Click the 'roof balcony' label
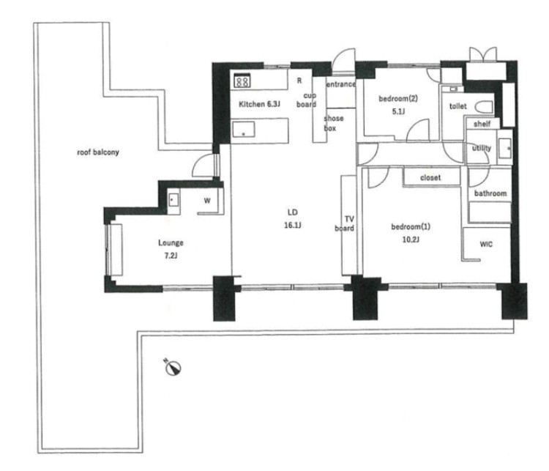coord(98,152)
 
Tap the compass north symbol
coord(173,368)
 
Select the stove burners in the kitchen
coord(242,81)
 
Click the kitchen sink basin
coord(244,130)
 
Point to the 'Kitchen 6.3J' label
coord(259,104)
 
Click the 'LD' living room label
coord(293,212)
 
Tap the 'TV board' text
coord(345,224)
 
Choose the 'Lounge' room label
coord(171,243)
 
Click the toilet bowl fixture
coord(484,106)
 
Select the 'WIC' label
coord(486,244)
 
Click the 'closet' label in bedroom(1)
coord(430,178)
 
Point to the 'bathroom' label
coord(490,193)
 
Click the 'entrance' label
coord(340,84)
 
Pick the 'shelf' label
coord(482,124)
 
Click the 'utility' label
coord(482,148)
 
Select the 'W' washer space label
coord(207,201)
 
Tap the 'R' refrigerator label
coord(299,81)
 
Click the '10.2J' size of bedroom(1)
coord(411,240)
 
